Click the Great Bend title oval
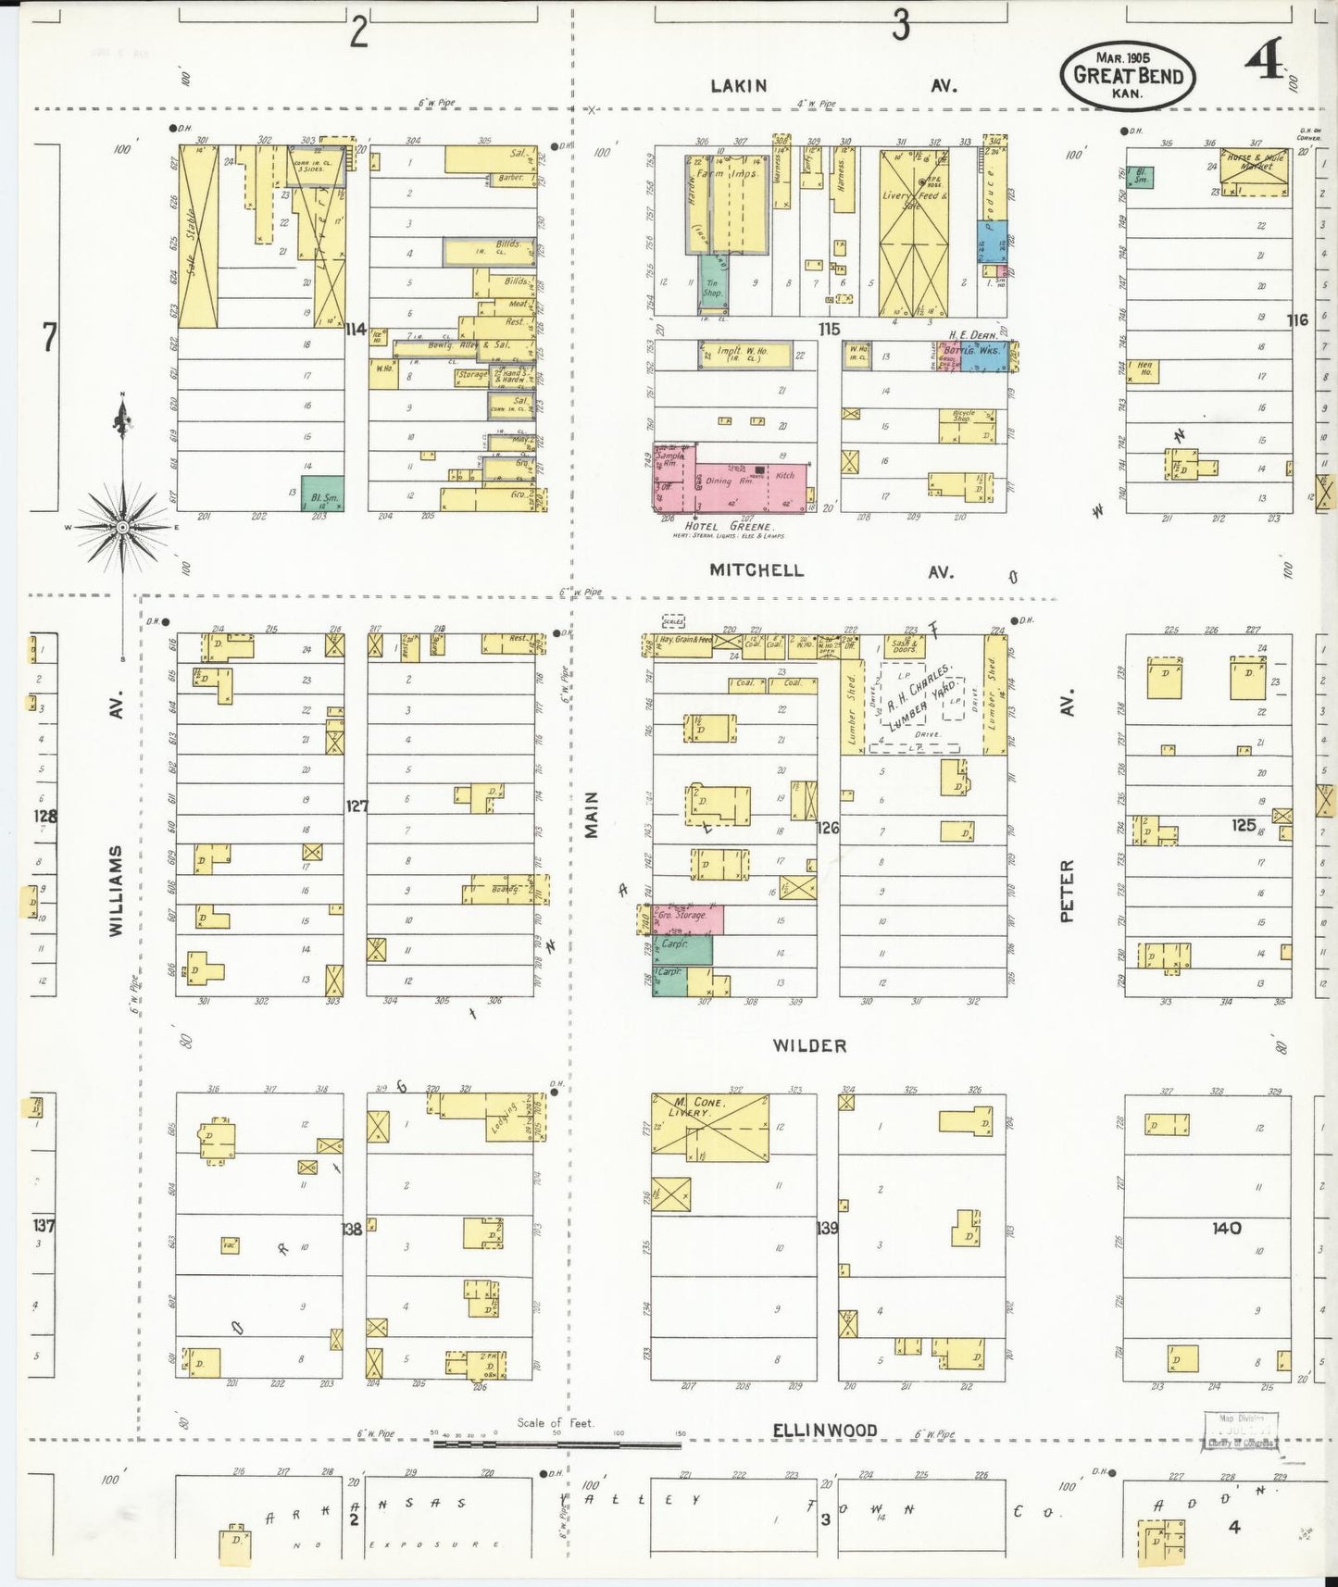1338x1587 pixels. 1128,75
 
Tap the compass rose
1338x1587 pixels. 122,527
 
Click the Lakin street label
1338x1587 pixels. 738,86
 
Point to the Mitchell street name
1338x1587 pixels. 757,570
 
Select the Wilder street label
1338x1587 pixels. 809,1045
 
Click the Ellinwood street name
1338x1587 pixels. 825,1431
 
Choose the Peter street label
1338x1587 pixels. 1067,891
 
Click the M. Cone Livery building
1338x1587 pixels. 710,1127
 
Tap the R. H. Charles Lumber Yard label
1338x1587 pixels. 915,705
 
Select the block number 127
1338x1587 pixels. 356,806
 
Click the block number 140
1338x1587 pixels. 1227,1228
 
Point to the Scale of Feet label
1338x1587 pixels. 556,1423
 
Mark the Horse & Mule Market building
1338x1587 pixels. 1257,173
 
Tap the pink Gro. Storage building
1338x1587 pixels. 688,918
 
